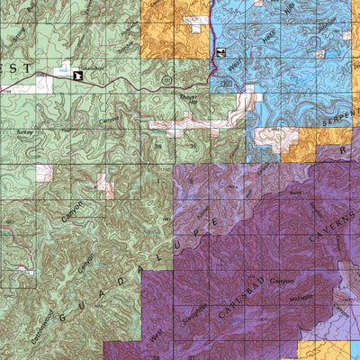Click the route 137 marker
(x=166, y=81)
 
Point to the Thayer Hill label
(x=174, y=99)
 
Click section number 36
(x=157, y=142)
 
